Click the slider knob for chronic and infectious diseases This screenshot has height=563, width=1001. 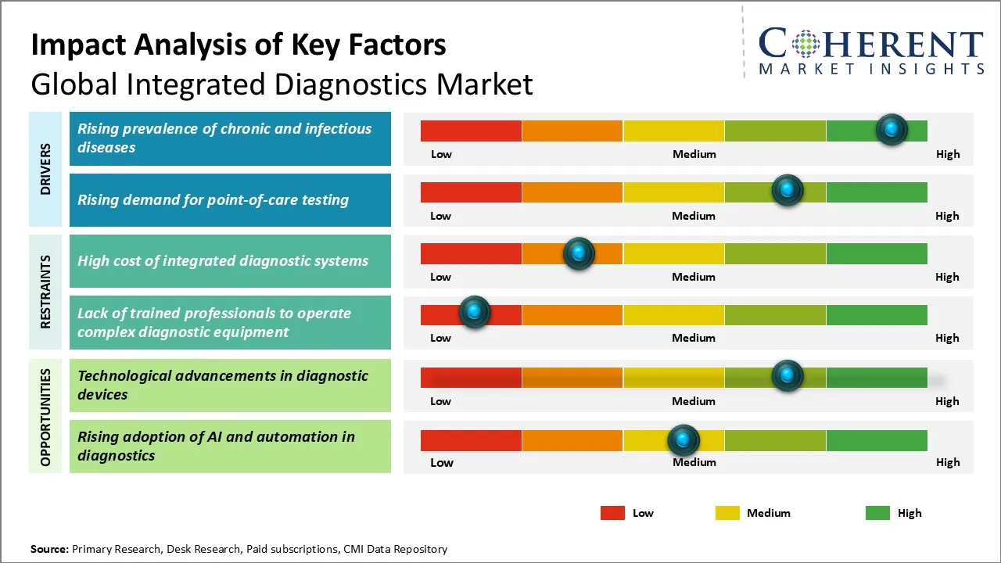click(x=892, y=130)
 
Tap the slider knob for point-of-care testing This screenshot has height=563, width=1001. click(x=788, y=191)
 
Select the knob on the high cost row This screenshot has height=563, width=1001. click(x=579, y=253)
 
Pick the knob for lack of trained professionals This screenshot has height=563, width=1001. click(x=474, y=313)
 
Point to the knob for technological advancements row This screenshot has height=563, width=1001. click(x=788, y=376)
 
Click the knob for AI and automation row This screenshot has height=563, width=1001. click(x=683, y=440)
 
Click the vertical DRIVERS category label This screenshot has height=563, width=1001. click(x=45, y=169)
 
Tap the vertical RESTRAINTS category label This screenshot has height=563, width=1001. click(x=45, y=292)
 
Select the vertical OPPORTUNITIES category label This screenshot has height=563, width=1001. click(x=45, y=417)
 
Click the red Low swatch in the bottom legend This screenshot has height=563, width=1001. click(x=612, y=513)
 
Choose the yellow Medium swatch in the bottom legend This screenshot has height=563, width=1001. click(x=727, y=513)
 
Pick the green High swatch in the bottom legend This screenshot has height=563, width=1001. click(x=877, y=513)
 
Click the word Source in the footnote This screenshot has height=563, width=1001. click(x=48, y=549)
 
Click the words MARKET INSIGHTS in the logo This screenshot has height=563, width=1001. click(x=871, y=70)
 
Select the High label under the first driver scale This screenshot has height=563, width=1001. click(x=948, y=154)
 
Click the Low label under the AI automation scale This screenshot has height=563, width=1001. click(x=442, y=462)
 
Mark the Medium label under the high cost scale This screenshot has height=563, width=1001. click(x=694, y=277)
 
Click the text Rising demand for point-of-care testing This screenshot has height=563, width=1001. click(x=213, y=200)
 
